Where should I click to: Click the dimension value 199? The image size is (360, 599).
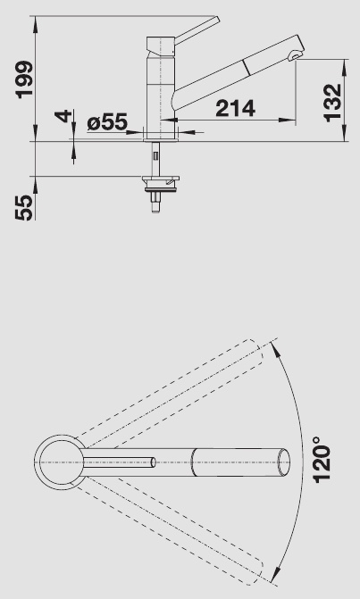coord(23,79)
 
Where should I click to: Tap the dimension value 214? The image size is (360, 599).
coord(236,109)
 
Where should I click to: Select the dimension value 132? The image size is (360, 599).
coord(331,103)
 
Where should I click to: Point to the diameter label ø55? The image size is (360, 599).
coord(107,122)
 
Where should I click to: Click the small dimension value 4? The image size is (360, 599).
coord(63,116)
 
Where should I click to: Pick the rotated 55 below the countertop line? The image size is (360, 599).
coord(23,207)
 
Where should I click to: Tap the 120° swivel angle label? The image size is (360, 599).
coord(322,459)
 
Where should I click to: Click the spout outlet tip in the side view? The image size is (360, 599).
coord(295,57)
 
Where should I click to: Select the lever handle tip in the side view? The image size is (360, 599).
coord(217,18)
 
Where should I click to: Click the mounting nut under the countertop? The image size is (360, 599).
coord(161,183)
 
